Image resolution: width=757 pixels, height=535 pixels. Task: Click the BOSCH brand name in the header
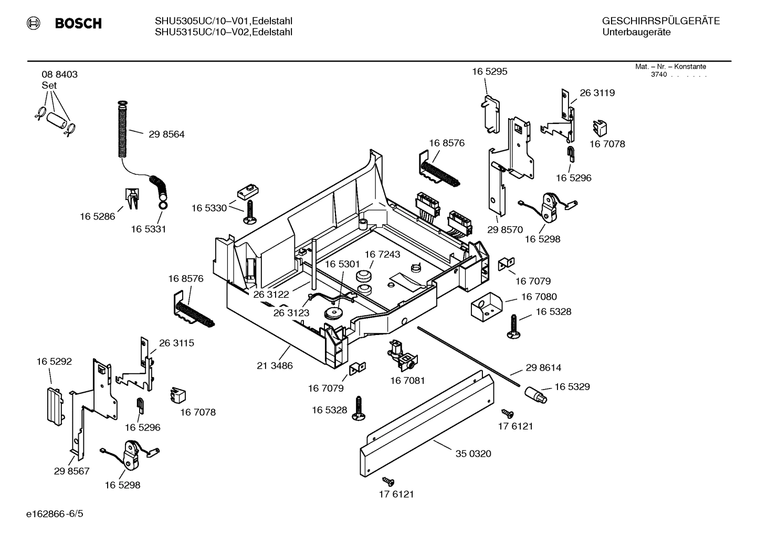78,23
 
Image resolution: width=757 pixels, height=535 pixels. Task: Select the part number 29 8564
166,134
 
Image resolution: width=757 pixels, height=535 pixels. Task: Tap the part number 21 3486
275,366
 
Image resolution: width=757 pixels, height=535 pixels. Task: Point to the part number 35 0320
473,454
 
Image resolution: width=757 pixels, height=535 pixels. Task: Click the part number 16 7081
407,380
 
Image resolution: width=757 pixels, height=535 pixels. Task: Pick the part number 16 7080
539,297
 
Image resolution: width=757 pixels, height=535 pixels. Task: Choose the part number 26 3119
597,93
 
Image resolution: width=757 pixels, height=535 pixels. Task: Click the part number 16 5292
54,362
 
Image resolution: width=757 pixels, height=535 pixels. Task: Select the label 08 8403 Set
59,79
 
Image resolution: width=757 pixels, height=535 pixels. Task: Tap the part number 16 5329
572,387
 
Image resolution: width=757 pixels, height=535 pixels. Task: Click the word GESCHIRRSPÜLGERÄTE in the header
660,22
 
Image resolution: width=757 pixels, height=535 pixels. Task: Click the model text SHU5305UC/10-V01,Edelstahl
223,21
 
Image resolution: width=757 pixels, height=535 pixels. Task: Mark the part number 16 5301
342,264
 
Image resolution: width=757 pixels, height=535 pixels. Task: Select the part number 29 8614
543,368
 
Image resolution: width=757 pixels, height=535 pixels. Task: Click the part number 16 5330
209,208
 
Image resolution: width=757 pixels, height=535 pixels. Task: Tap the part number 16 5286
97,216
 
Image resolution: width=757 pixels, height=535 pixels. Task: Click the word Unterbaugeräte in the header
636,33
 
